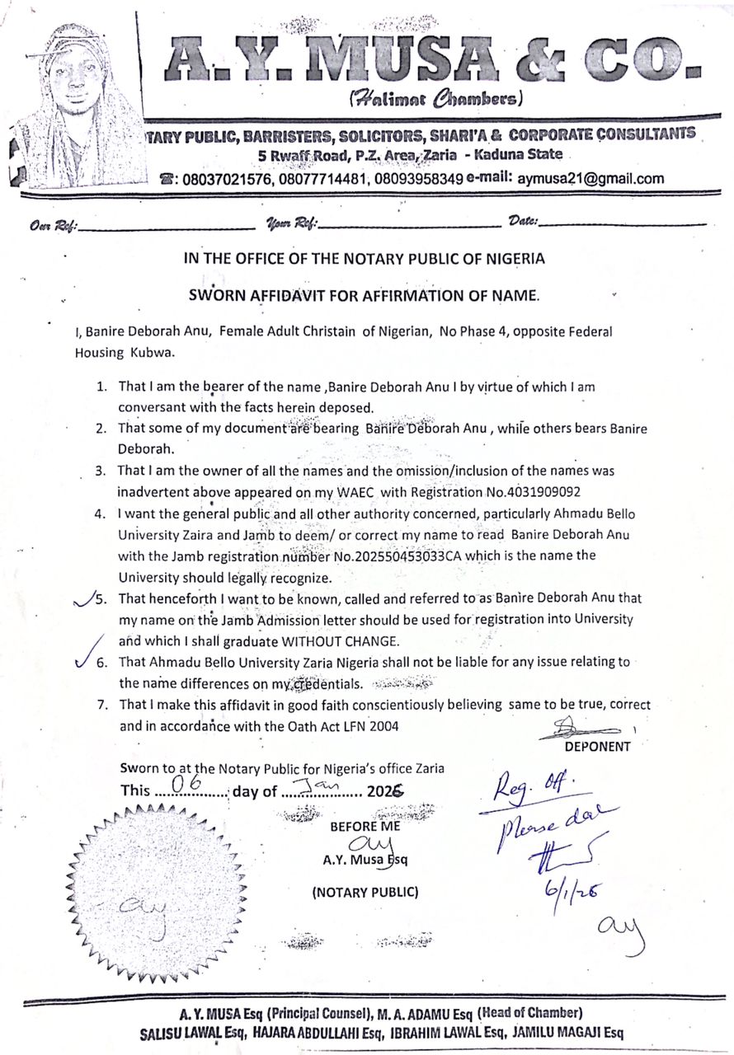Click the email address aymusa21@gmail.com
590,178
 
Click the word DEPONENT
597,747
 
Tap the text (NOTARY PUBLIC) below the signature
365,892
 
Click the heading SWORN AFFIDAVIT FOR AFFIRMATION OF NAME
364,293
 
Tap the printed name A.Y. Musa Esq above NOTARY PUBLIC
365,859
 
